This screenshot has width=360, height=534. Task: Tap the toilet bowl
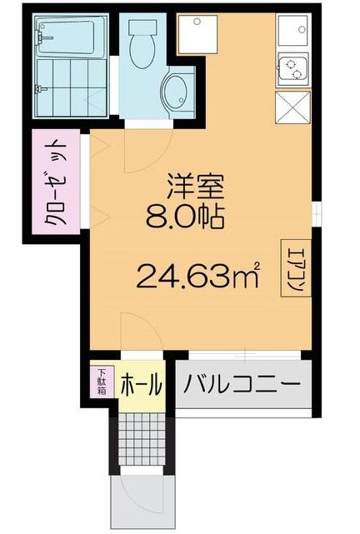pyautogui.click(x=142, y=47)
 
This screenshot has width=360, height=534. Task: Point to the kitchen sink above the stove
pyautogui.click(x=294, y=32)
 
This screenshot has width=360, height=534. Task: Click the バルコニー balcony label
pyautogui.click(x=242, y=387)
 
